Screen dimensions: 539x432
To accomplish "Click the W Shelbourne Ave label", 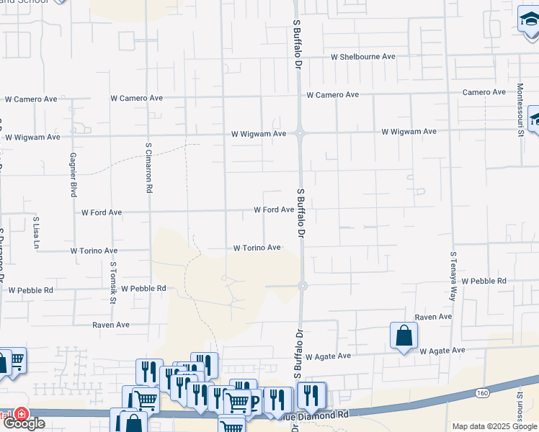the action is point(363,56).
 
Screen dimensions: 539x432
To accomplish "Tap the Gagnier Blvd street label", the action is point(73,174).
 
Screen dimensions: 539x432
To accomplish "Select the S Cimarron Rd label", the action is point(148,167).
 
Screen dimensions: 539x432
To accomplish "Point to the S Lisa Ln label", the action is point(36,231).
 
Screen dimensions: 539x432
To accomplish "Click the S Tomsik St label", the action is point(113,282).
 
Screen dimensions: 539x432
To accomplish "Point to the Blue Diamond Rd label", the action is point(318,415).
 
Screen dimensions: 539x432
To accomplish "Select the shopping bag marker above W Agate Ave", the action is point(404,336).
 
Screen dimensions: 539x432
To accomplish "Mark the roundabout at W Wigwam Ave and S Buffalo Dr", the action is point(300,132).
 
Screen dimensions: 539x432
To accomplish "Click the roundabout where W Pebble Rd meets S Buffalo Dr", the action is point(303,285).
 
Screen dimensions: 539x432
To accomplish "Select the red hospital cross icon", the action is point(22,415).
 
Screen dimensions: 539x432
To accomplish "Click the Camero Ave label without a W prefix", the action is point(484,92).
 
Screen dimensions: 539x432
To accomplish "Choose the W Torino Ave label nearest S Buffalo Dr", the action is point(257,248).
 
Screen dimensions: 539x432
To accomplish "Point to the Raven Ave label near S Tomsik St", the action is point(111,325).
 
